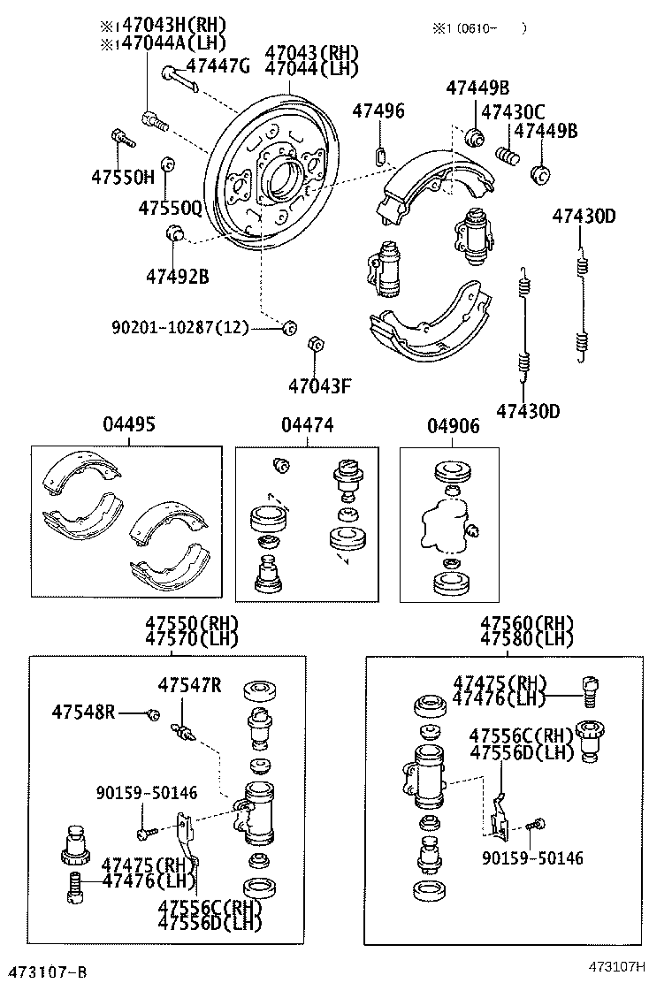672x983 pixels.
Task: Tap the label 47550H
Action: coord(122,177)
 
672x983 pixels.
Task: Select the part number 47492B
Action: coord(178,277)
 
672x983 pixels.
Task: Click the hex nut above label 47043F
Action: coord(313,343)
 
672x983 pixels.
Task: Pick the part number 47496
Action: coord(378,111)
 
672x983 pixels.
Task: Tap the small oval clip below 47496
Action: coord(382,156)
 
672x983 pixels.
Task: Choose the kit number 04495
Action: coord(128,426)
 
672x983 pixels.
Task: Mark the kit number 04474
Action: coord(308,426)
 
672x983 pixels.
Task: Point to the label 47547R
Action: coord(190,685)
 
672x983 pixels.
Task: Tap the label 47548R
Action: coord(83,712)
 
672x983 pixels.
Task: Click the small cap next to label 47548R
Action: coord(152,713)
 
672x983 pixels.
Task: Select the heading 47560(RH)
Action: coord(527,622)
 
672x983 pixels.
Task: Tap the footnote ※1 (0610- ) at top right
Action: coord(478,28)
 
